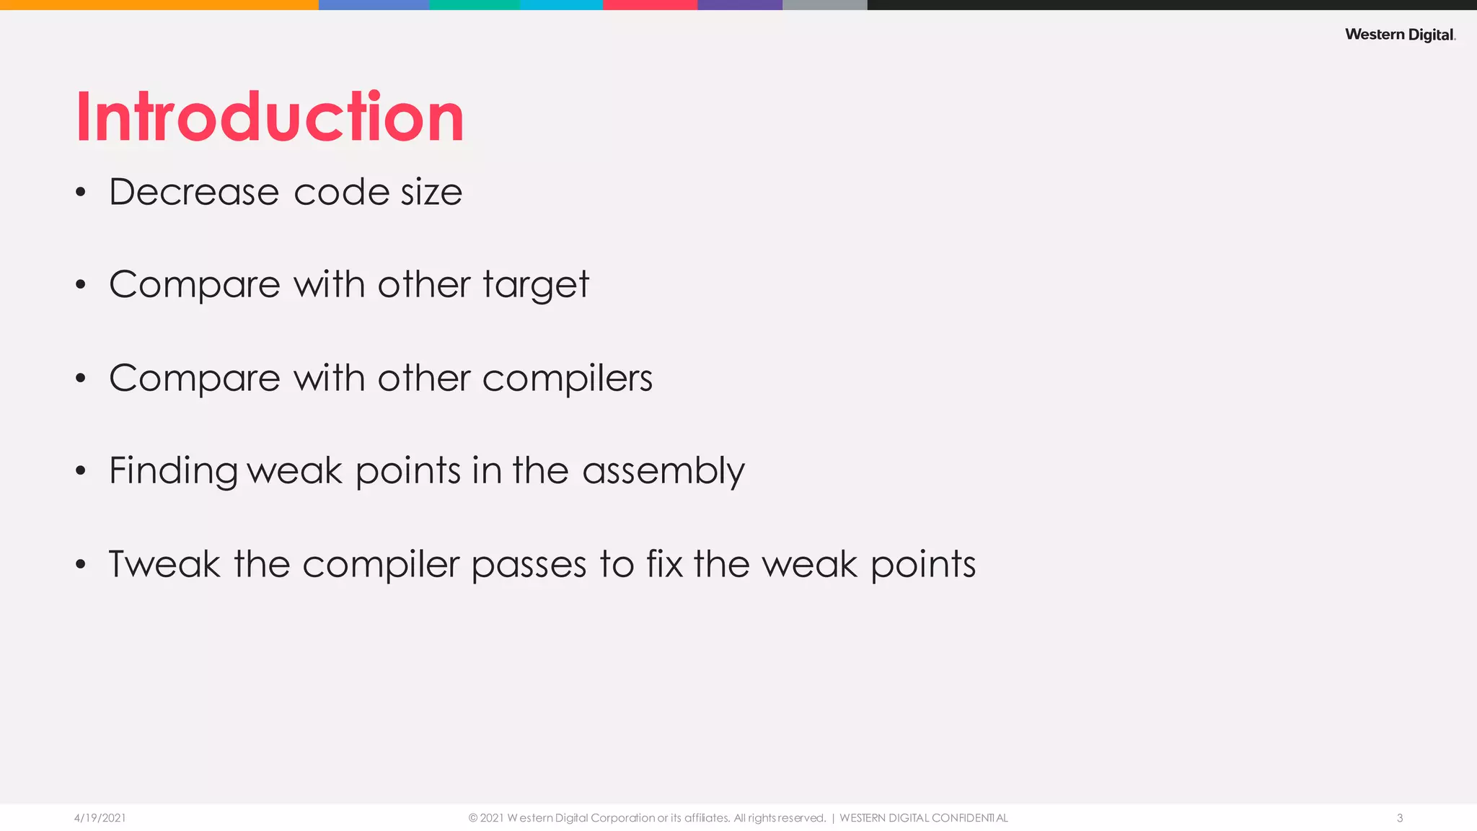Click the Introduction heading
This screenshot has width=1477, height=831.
(270, 117)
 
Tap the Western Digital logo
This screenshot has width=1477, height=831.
(1400, 35)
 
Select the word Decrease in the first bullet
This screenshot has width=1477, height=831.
(194, 192)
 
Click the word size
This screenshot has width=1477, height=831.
(431, 192)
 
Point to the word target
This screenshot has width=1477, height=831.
(536, 285)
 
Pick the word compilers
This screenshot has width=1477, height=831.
(567, 378)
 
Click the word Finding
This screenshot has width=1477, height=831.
(173, 471)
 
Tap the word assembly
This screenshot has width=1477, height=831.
(663, 471)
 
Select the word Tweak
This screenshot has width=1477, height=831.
(164, 564)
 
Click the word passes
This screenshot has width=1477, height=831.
(529, 565)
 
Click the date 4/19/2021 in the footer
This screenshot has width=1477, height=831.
(100, 818)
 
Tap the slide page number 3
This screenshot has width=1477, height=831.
(1400, 818)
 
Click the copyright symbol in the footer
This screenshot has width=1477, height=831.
(473, 818)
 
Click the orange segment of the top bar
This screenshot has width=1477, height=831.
(159, 4)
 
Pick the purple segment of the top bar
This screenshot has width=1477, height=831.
(740, 4)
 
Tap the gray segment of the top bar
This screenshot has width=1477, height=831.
(824, 4)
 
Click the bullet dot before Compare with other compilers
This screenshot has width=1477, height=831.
(81, 379)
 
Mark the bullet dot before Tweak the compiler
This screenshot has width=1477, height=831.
(81, 565)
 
